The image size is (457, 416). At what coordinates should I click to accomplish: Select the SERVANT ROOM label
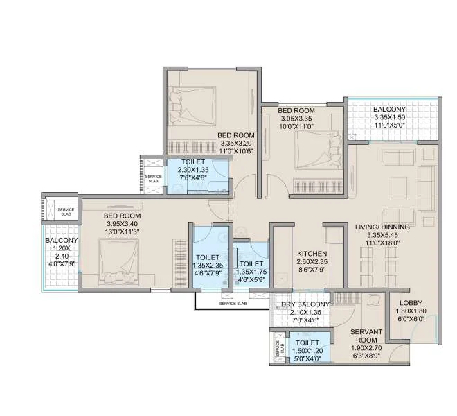pos(367,336)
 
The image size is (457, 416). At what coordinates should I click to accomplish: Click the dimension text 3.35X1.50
pos(389,119)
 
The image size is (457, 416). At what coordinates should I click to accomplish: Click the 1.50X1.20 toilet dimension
pos(307,351)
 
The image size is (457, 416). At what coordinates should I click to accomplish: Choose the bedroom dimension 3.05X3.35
pos(296,119)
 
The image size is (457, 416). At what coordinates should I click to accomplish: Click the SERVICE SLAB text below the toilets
pos(233,304)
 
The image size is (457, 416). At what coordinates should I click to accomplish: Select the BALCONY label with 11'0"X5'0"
pos(389,110)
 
